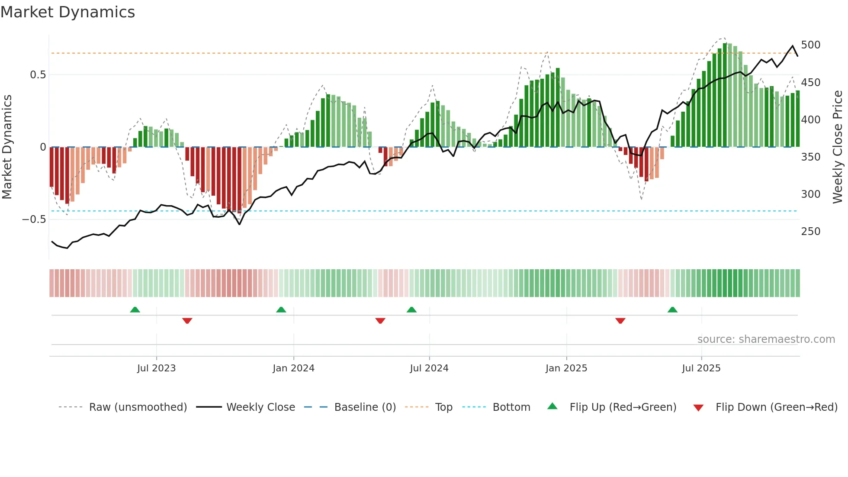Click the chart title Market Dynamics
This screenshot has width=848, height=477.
pos(68,12)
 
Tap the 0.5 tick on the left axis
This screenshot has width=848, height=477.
pos(38,75)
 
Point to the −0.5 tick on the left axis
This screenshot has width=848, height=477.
pos(34,219)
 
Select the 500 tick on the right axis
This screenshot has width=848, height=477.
pos(810,45)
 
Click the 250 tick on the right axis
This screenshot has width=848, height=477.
pos(810,232)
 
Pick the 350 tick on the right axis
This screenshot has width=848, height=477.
pos(810,157)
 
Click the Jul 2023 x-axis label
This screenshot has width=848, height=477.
pos(156,368)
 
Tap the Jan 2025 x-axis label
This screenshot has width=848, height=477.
pos(566,368)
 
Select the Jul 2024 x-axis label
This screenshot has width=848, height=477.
pos(429,368)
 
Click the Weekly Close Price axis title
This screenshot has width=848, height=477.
pos(838,147)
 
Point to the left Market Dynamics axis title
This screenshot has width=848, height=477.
pos(7,147)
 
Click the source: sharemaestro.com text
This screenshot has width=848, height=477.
pos(766,339)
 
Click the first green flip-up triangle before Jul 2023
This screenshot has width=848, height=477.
pos(135,309)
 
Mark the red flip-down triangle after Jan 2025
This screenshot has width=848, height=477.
pos(620,321)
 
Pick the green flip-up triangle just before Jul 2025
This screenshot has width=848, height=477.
pos(672,309)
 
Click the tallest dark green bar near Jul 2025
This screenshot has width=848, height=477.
pos(725,95)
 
